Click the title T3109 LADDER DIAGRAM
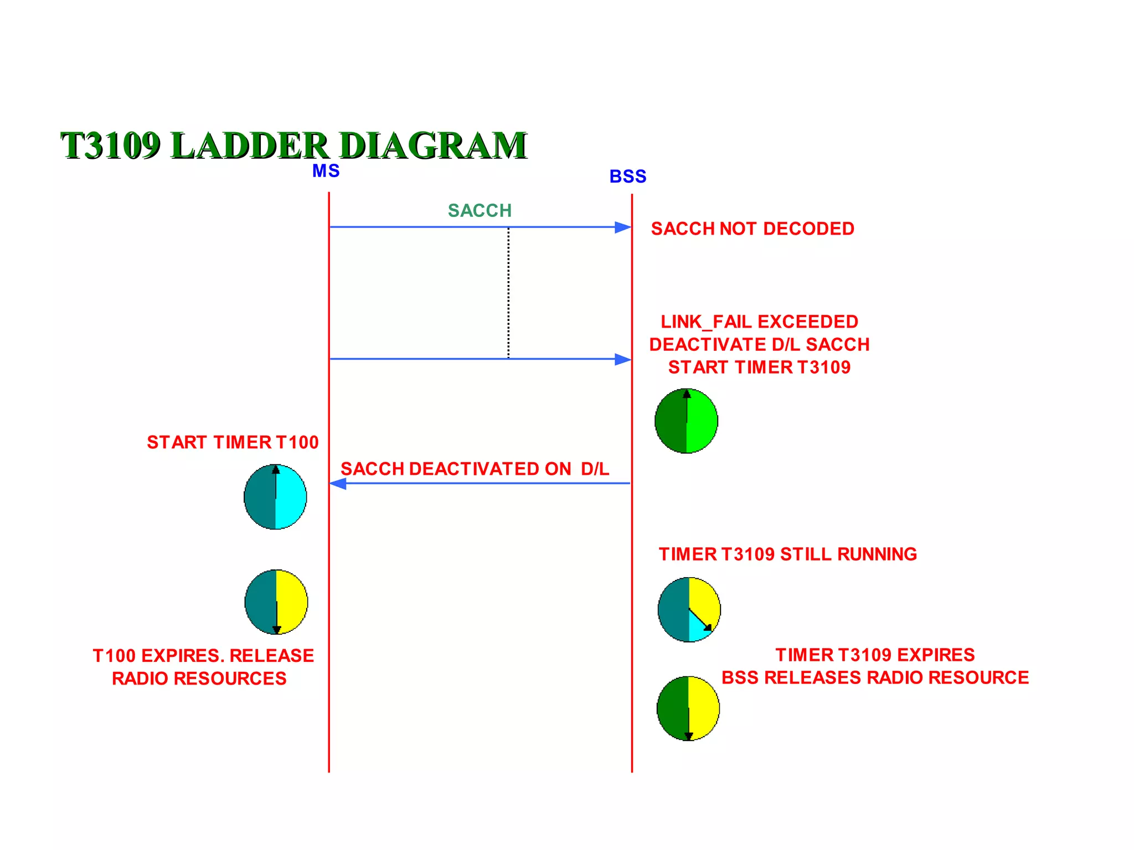(293, 145)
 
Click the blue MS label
(326, 171)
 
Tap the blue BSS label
(628, 177)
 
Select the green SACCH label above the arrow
(480, 211)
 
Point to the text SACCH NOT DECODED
(752, 229)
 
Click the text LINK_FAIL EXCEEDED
(759, 322)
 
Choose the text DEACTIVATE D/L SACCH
(759, 344)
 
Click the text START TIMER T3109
(759, 367)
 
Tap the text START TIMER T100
(233, 442)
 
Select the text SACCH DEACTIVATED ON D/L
(475, 469)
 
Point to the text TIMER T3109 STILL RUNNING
(787, 554)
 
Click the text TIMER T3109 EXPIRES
(875, 655)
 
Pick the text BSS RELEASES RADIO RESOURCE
(875, 677)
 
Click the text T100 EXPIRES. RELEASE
(203, 656)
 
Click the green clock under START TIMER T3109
(686, 421)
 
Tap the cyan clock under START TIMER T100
(275, 497)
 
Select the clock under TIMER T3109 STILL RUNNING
(689, 609)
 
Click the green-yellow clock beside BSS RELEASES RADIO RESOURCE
(688, 708)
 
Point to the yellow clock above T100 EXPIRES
(276, 602)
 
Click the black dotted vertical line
(508, 293)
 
